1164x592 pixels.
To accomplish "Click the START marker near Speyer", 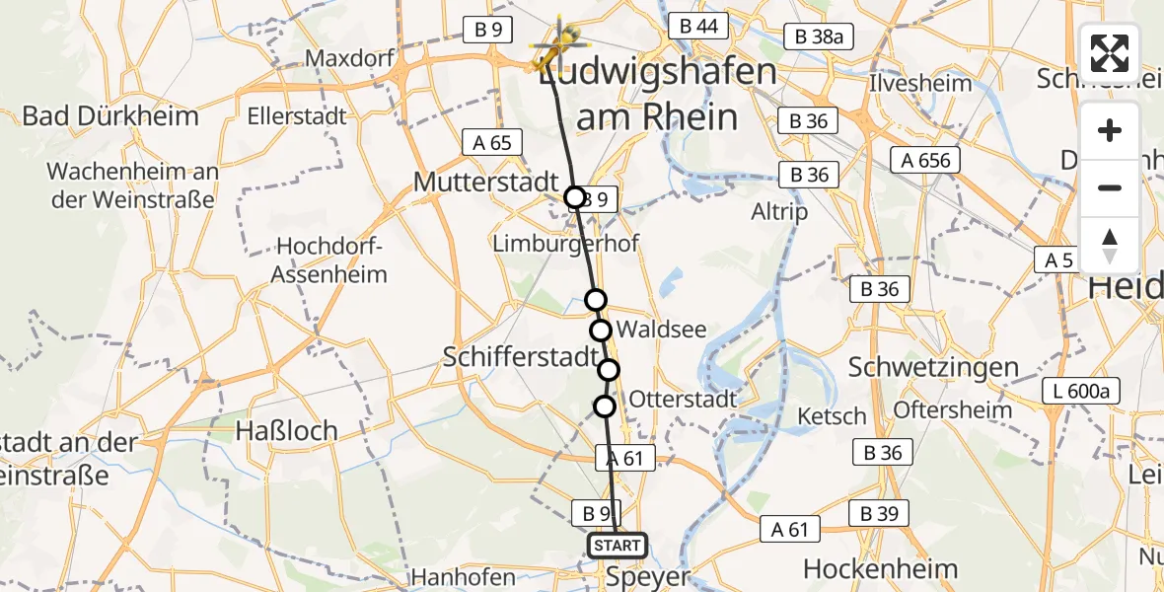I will point(618,546).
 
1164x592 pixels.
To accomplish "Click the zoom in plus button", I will point(1110,131).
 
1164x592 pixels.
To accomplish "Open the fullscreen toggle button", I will point(1110,53).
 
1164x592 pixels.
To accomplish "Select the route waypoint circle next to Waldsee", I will point(601,330).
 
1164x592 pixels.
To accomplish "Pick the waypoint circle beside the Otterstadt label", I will point(605,406).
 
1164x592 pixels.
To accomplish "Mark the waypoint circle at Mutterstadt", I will point(575,197).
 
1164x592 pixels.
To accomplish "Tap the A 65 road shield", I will point(491,143).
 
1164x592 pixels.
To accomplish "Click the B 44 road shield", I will point(697,27).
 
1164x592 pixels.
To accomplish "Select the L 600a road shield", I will point(1080,392).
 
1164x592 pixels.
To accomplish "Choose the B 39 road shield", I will point(878,514).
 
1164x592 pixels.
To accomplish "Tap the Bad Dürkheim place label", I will point(110,115).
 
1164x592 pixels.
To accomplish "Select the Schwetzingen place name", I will point(933,367).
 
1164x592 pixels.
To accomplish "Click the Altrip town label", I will point(778,211).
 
